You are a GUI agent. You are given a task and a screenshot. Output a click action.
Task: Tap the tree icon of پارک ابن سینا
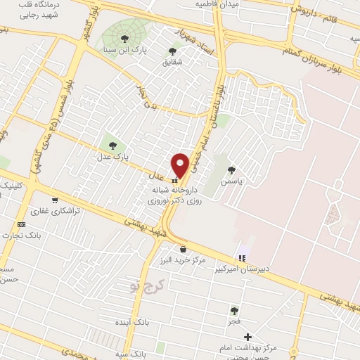click(125, 38)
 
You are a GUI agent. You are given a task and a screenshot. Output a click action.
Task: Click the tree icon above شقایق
click(172, 51)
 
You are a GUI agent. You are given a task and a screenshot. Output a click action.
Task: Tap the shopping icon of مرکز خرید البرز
click(183, 248)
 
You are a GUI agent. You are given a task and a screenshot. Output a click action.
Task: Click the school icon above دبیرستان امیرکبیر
click(243, 258)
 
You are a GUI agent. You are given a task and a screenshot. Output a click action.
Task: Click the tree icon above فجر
click(234, 310)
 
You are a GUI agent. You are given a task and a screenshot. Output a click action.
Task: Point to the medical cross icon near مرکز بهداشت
click(247, 337)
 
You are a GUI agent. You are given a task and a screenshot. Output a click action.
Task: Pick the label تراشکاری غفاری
click(49, 210)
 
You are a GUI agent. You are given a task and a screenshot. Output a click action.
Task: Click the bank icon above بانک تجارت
click(21, 224)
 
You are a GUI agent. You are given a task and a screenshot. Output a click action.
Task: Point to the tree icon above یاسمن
click(231, 169)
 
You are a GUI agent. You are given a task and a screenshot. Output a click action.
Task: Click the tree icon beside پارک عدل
click(112, 145)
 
